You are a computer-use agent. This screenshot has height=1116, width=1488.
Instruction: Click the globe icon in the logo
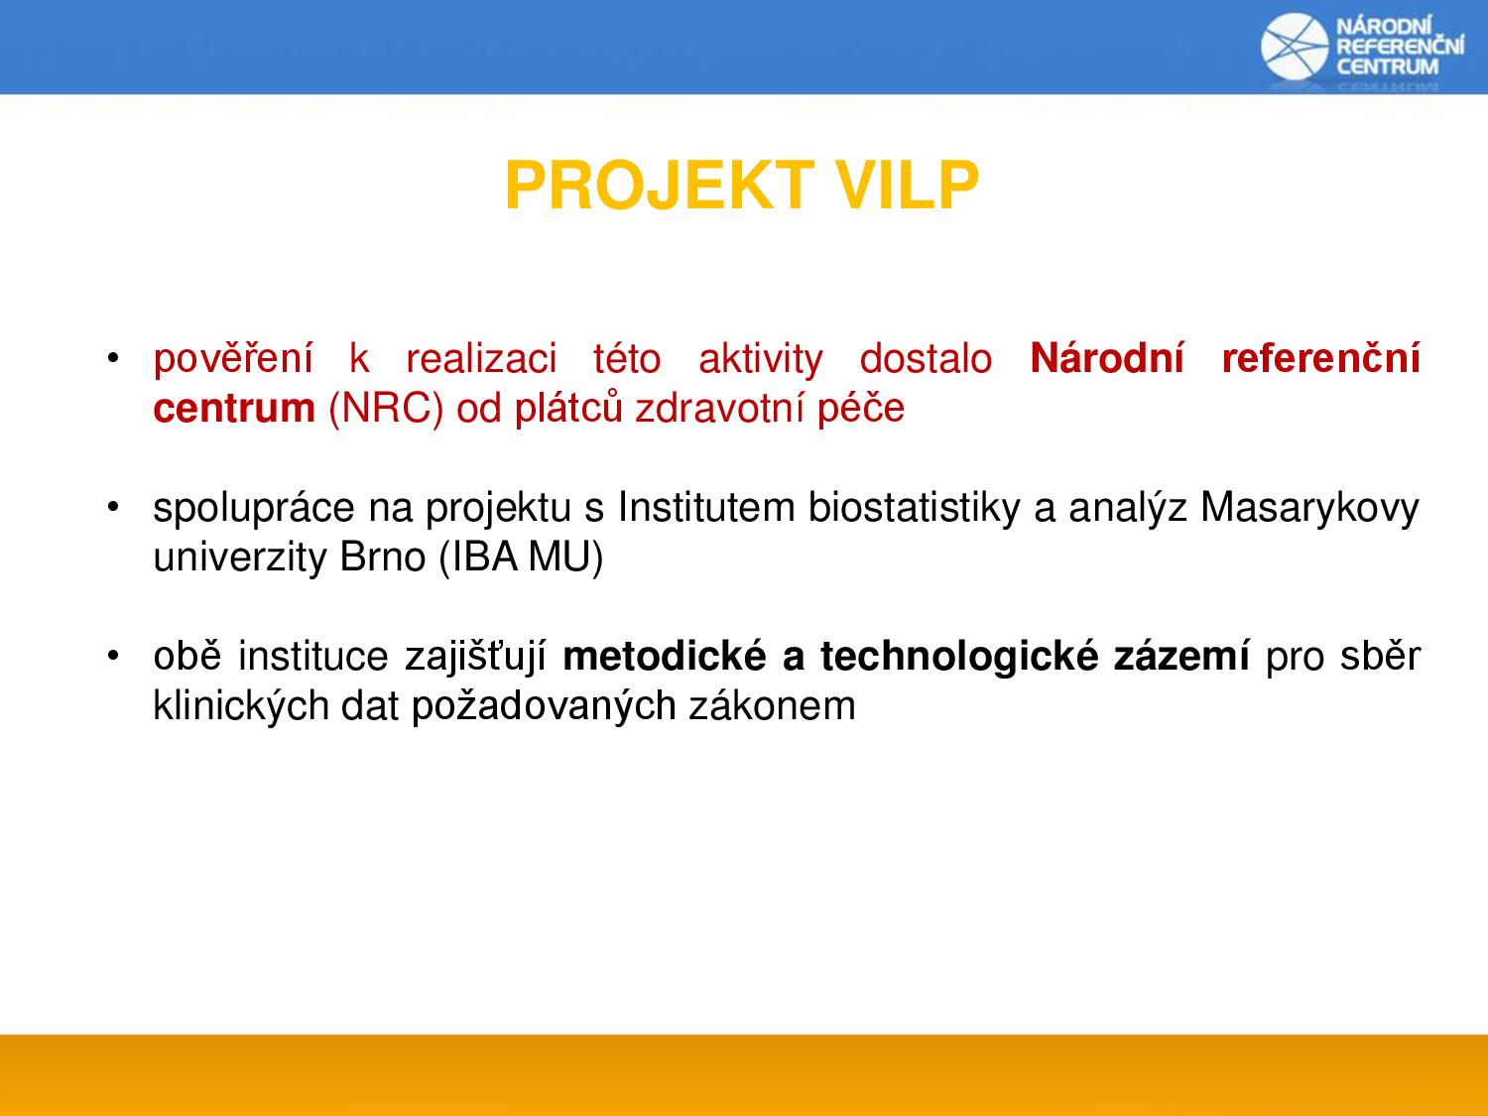(x=1295, y=47)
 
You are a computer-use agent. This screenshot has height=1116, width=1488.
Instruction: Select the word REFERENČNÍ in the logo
(x=1400, y=46)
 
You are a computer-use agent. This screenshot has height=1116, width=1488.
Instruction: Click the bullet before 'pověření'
(x=113, y=357)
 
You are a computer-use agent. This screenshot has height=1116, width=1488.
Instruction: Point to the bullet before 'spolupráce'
(x=113, y=506)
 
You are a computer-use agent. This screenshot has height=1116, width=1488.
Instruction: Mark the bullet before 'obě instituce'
(x=113, y=656)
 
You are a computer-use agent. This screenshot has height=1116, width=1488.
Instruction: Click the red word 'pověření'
(x=233, y=358)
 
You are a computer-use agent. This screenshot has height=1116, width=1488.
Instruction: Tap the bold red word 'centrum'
(x=234, y=409)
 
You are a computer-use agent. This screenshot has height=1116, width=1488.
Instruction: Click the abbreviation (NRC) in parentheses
(x=386, y=409)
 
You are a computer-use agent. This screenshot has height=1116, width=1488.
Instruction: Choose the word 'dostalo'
(x=926, y=358)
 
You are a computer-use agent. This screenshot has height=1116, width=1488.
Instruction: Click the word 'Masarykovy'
(x=1309, y=508)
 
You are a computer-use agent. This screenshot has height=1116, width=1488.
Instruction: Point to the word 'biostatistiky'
(x=914, y=508)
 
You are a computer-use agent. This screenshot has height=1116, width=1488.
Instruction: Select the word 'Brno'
(x=382, y=557)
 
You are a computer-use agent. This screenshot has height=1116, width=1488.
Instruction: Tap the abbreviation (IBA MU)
(x=521, y=558)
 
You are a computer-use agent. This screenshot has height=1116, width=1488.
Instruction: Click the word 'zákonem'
(x=773, y=706)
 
